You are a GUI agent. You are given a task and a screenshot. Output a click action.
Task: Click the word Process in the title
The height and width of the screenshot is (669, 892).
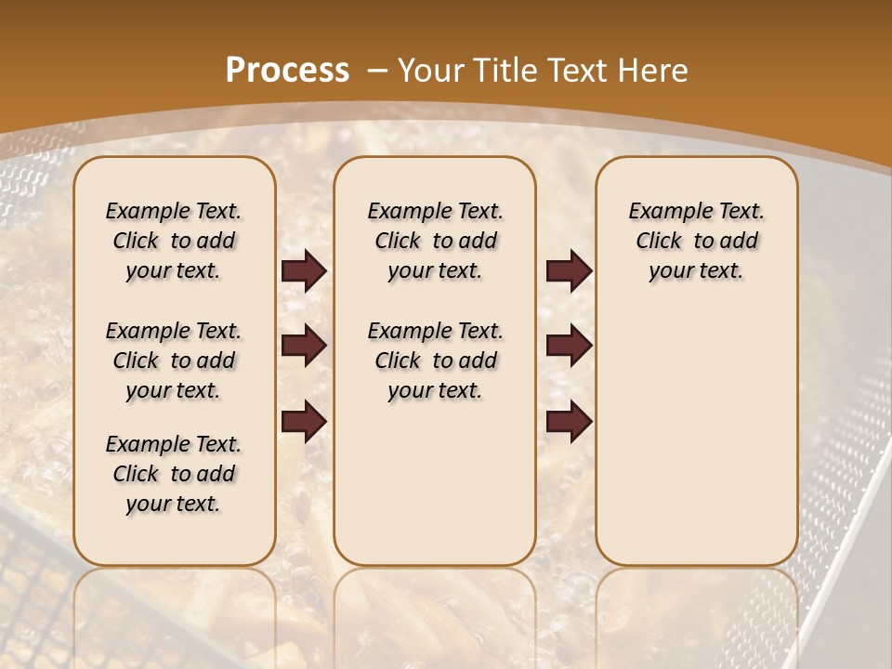tap(288, 71)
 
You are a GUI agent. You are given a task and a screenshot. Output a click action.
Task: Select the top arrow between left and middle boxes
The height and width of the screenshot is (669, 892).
tap(304, 271)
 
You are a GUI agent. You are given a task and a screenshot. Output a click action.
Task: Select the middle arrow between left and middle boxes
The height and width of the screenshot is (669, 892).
tap(304, 346)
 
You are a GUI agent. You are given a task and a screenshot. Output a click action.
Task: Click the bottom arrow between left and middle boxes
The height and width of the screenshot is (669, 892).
tap(304, 421)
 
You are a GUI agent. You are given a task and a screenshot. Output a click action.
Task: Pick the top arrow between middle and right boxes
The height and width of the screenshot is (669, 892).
tap(569, 271)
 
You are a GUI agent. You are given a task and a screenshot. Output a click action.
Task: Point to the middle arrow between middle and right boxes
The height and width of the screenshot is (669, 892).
tap(569, 346)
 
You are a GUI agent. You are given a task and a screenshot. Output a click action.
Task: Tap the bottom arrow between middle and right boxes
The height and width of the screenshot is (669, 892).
tap(569, 421)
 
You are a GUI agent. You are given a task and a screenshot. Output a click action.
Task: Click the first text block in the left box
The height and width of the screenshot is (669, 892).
tap(174, 241)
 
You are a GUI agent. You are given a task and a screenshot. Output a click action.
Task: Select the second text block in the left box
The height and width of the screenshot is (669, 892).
tap(174, 361)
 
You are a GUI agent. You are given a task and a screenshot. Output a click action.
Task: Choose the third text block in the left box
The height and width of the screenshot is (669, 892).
tap(174, 474)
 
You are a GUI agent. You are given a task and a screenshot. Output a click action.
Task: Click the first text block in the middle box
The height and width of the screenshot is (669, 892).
tap(435, 241)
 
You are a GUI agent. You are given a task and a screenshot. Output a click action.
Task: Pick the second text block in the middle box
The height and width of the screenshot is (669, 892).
tap(435, 361)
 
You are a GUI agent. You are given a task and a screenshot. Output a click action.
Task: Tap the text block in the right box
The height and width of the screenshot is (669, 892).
tap(696, 241)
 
